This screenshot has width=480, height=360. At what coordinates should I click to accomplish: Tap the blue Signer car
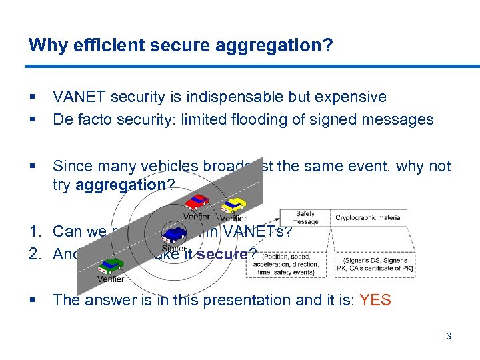[175, 235]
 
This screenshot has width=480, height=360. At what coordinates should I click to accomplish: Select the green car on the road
[109, 265]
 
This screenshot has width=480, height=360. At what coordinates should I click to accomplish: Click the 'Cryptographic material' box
[369, 218]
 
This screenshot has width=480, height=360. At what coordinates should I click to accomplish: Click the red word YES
[375, 300]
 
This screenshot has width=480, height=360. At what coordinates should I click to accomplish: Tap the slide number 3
[449, 336]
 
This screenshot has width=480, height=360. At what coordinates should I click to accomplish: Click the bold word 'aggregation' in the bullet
[121, 185]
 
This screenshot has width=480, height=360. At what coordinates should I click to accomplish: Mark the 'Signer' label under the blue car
[175, 249]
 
